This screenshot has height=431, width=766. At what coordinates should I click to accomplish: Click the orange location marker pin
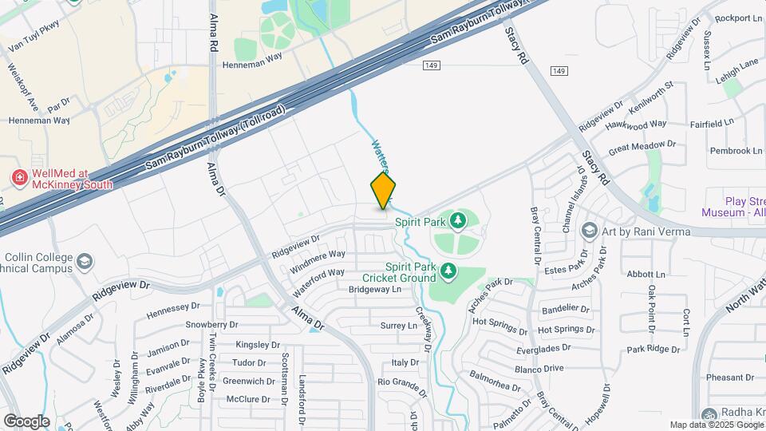[x=383, y=191]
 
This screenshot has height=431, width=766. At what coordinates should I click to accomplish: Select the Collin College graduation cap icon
[x=85, y=262]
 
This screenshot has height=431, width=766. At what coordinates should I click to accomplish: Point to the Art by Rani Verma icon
[x=590, y=231]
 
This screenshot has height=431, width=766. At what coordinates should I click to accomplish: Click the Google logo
[x=26, y=421]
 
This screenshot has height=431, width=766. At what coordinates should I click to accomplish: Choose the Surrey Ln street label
[x=399, y=326]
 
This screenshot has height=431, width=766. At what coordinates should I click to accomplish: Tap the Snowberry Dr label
[x=211, y=325]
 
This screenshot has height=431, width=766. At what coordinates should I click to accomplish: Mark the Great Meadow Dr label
[x=642, y=146]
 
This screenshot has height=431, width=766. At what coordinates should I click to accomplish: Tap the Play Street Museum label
[x=733, y=208]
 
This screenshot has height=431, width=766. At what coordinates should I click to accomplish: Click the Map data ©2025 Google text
[x=716, y=425]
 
